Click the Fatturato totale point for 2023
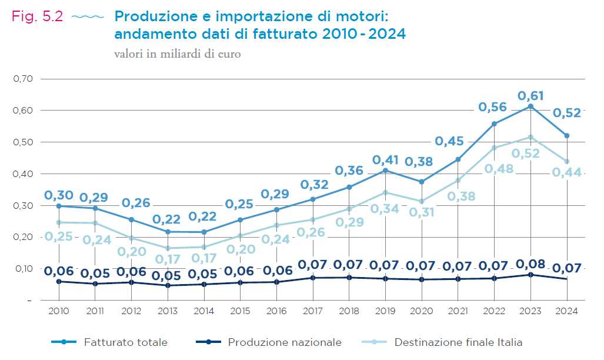(530, 106)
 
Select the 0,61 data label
(530, 95)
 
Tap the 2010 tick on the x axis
(59, 311)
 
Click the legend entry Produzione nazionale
(284, 342)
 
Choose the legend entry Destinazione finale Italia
(458, 342)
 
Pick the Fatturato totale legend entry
(125, 342)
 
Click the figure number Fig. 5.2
(37, 16)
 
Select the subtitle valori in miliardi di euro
(178, 54)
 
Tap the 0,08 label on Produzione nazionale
(530, 264)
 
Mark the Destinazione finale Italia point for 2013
(168, 248)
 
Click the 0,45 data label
(449, 141)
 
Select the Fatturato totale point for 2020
(422, 182)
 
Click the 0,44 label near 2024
(567, 172)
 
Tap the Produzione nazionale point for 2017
(313, 278)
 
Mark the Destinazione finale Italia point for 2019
(385, 192)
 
